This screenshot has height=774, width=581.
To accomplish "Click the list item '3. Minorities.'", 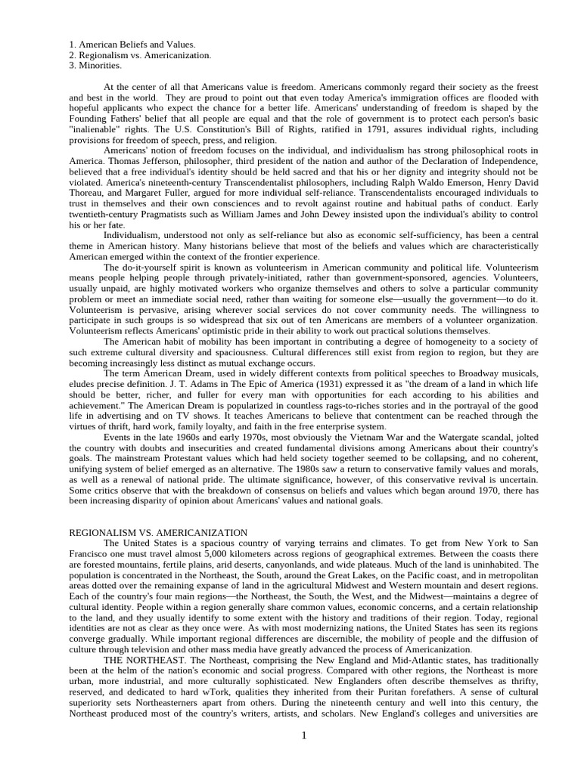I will pyautogui.click(x=95, y=66).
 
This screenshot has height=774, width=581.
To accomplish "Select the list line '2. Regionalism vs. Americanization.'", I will pyautogui.click(x=140, y=55).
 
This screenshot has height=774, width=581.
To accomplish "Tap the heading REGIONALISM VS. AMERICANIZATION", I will pyautogui.click(x=157, y=533).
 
